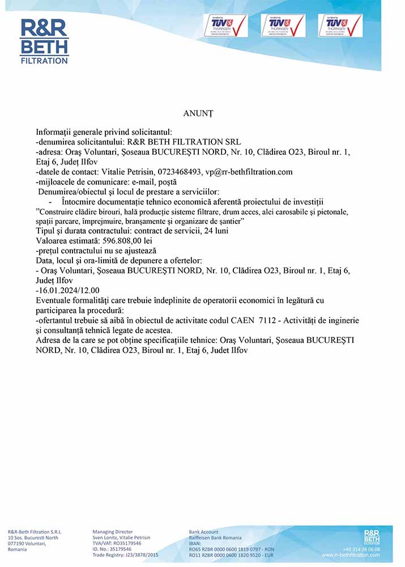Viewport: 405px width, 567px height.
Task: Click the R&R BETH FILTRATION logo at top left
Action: pyautogui.click(x=44, y=41)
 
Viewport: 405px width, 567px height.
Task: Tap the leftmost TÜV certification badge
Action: pyautogui.click(x=225, y=26)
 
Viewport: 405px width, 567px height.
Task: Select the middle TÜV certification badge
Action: pyautogui.click(x=283, y=26)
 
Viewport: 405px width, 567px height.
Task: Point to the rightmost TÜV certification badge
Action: pyautogui.click(x=340, y=26)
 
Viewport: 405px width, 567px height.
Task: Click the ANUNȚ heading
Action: pyautogui.click(x=198, y=113)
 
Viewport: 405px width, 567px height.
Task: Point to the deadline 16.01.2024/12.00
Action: pyautogui.click(x=67, y=290)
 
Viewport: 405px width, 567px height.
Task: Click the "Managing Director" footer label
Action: pyautogui.click(x=112, y=532)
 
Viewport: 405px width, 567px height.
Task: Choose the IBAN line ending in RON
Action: pyautogui.click(x=231, y=549)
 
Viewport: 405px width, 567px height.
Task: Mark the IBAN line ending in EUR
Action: pyautogui.click(x=231, y=555)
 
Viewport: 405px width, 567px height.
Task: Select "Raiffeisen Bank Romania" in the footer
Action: pyautogui.click(x=215, y=538)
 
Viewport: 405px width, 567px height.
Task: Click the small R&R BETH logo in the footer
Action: pyautogui.click(x=372, y=536)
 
